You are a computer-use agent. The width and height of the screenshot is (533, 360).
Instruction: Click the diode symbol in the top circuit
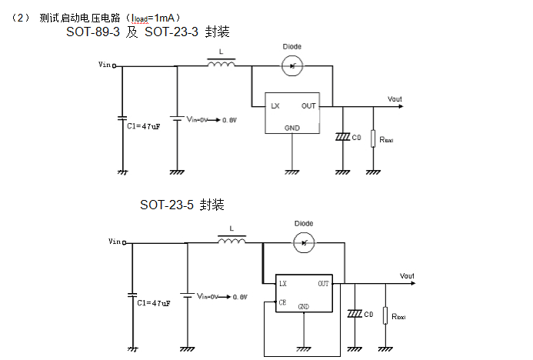[292, 67]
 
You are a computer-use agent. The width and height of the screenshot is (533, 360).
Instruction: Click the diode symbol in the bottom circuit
[304, 243]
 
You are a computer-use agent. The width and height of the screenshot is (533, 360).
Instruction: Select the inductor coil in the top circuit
[222, 66]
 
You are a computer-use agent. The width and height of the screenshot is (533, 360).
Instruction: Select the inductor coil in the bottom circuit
[232, 242]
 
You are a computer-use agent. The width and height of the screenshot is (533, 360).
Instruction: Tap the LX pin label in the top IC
[274, 105]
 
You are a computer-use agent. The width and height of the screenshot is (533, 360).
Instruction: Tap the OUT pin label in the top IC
[308, 105]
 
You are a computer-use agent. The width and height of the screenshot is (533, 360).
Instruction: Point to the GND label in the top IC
[292, 127]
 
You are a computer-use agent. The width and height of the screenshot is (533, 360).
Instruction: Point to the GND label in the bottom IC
[304, 306]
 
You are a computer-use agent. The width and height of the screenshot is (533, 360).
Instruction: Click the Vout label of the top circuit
[395, 99]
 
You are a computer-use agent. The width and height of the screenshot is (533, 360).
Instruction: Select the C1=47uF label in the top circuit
[143, 125]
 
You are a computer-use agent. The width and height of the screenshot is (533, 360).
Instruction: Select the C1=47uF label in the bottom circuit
[154, 303]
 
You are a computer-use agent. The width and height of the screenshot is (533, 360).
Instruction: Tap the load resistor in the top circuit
[373, 138]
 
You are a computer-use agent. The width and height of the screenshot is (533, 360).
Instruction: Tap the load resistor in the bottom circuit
[385, 315]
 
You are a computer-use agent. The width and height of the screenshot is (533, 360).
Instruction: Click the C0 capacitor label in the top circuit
[355, 137]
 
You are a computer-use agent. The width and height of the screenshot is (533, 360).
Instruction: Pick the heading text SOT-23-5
[166, 205]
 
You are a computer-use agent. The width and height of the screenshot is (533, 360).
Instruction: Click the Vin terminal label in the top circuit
[105, 65]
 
